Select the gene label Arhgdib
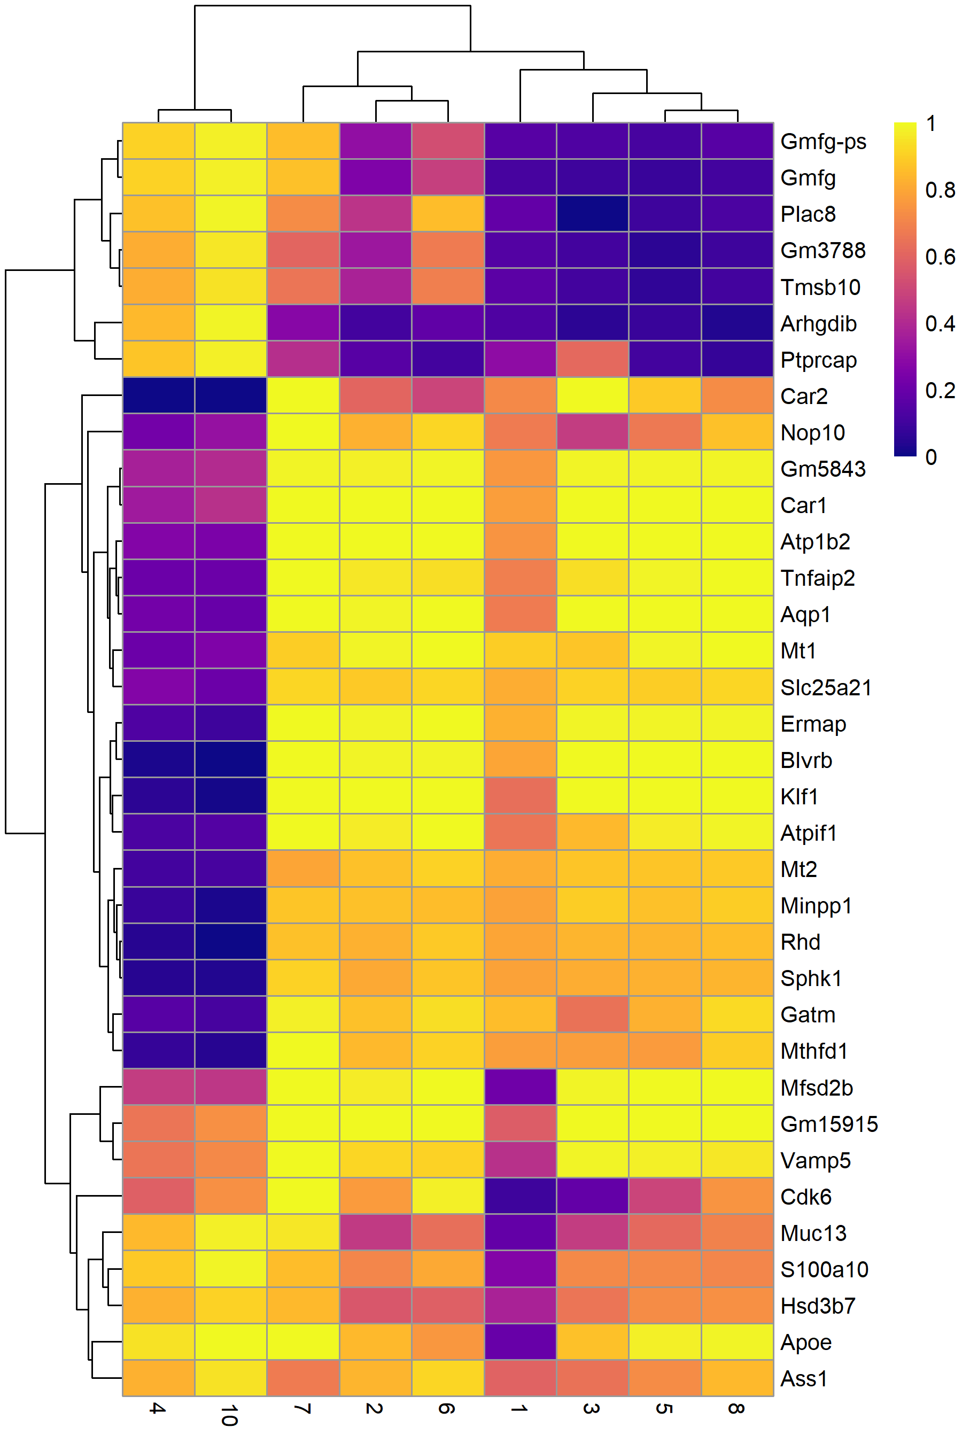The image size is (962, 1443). (818, 323)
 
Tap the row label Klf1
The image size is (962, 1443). (800, 796)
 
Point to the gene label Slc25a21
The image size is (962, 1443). (826, 687)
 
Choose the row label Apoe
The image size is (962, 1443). (806, 1343)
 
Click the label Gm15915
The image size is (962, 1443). (829, 1124)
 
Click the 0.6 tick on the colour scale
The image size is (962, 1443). (940, 257)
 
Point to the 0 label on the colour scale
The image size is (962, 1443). (932, 457)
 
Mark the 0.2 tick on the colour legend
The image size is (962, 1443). (940, 390)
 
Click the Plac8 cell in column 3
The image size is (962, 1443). (593, 213)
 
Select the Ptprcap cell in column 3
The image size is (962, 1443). (593, 359)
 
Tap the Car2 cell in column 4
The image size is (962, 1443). (159, 395)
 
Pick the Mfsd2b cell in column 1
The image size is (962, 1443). (520, 1087)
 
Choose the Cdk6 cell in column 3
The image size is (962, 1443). (593, 1197)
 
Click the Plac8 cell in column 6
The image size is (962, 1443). (448, 213)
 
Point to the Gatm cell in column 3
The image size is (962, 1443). (593, 1015)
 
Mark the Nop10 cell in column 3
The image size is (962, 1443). (593, 432)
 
